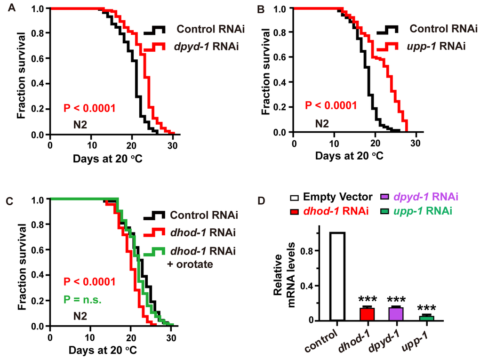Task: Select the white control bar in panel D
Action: [337, 276]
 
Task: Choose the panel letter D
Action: [264, 201]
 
